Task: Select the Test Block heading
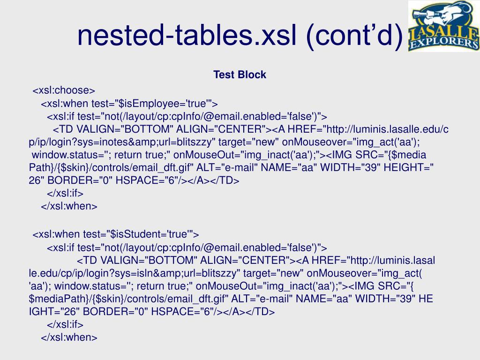pyautogui.click(x=240, y=75)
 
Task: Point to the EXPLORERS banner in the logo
pyautogui.click(x=444, y=43)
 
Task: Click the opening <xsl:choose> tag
pyautogui.click(x=64, y=90)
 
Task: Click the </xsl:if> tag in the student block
pyautogui.click(x=65, y=324)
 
